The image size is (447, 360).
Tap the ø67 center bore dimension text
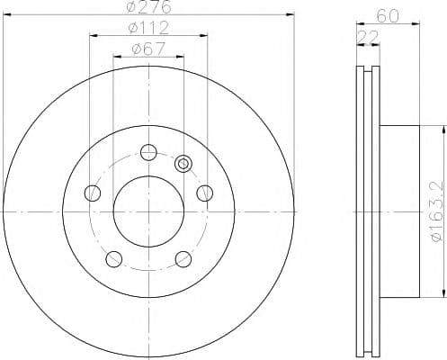tap(147, 49)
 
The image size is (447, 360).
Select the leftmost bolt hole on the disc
tap(91, 193)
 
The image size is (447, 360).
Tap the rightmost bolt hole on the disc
tap(204, 192)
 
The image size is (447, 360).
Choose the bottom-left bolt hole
tap(112, 259)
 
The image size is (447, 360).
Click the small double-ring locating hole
tap(183, 164)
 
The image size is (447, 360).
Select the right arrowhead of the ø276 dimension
tap(291, 14)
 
